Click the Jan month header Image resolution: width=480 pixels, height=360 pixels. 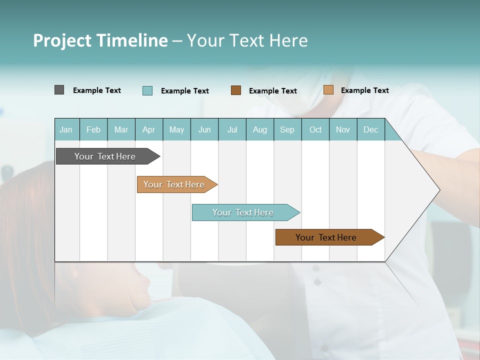tap(66, 129)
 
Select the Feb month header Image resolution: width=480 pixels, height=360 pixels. tap(93, 129)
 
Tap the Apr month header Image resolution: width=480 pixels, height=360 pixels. tap(149, 129)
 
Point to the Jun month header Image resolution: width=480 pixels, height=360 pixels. tap(204, 129)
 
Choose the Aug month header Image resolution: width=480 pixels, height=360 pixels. tap(260, 129)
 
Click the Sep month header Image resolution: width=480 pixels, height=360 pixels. tap(287, 129)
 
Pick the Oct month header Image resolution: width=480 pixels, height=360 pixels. tap(315, 129)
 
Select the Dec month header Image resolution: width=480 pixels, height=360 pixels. tap(371, 129)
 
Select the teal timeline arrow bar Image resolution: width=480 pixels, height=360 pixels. tap(243, 212)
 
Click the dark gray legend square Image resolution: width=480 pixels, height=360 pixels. tap(59, 90)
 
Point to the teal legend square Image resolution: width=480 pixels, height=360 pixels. tap(147, 90)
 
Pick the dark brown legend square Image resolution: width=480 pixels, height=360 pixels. tap(236, 90)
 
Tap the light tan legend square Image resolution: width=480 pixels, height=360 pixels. tap(328, 90)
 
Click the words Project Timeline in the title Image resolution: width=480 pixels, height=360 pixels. tap(100, 40)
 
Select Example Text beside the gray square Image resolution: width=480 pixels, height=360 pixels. tap(97, 90)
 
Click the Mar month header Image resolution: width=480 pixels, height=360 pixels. tap(121, 129)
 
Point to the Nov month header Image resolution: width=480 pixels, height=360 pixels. tap(343, 129)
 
